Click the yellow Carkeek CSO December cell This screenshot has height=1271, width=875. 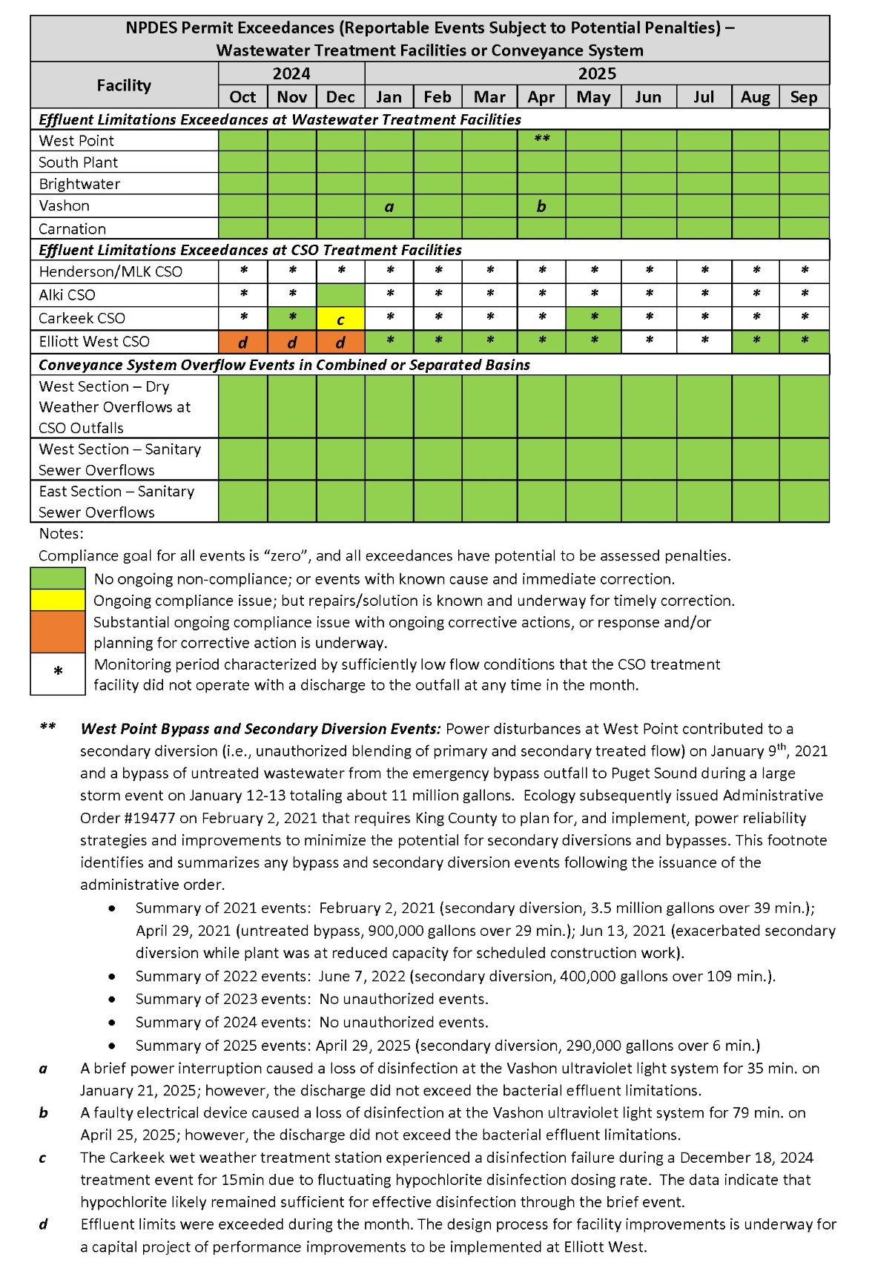340,319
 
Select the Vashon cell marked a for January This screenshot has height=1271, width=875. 389,206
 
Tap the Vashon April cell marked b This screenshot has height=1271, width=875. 541,206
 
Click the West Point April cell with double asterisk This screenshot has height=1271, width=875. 541,140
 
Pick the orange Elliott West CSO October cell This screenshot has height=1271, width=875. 242,342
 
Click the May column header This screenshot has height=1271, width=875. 593,97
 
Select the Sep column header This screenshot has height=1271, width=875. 804,97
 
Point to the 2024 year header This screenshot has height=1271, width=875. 291,73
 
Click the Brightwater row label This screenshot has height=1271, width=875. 79,184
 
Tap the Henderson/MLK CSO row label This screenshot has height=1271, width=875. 110,272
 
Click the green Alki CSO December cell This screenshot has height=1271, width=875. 340,295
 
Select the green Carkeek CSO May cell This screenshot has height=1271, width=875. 593,319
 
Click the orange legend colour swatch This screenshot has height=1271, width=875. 58,632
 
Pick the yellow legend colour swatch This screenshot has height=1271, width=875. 58,600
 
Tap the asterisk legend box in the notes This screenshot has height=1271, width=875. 58,673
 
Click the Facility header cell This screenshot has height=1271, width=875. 124,85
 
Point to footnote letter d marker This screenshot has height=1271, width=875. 43,1224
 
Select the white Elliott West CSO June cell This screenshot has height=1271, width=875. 649,342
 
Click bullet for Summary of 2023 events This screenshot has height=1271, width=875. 112,999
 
